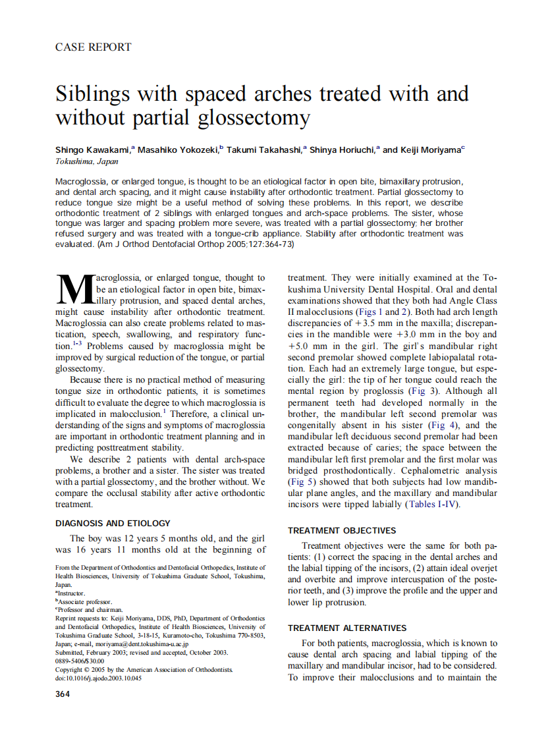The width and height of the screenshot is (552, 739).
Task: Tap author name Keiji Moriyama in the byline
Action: point(422,150)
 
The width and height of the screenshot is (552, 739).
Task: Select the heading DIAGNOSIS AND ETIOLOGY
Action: point(113,523)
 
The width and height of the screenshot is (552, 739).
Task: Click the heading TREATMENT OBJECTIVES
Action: point(342,530)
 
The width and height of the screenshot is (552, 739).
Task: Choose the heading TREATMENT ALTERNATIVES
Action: point(347,628)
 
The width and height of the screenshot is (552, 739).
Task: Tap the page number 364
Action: point(63,694)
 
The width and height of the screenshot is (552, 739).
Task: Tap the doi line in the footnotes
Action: point(98,678)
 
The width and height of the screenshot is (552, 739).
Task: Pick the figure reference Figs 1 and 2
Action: point(383,312)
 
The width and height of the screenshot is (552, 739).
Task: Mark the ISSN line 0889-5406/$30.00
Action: point(80,661)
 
